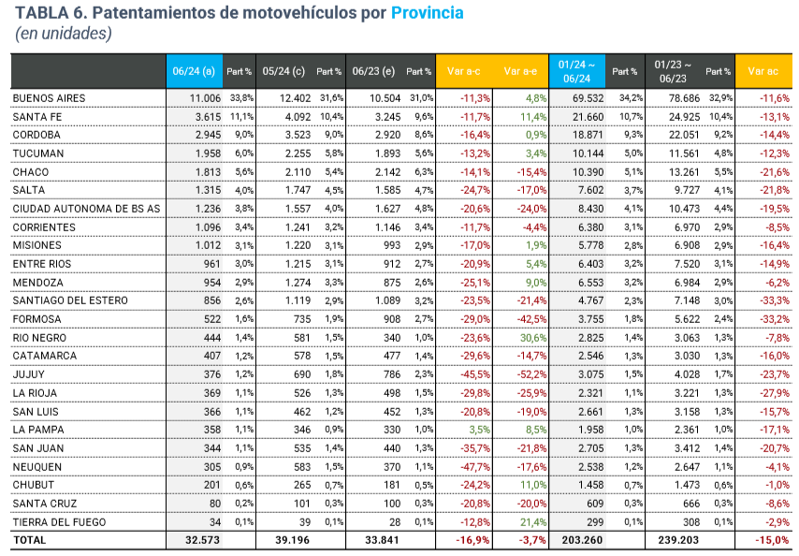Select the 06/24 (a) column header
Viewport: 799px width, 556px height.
195,71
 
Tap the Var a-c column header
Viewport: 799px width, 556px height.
464,71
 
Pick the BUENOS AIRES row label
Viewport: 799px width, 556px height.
50,98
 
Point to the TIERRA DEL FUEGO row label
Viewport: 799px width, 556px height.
59,521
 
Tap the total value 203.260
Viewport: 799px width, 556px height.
582,540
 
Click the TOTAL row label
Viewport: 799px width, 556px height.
29,540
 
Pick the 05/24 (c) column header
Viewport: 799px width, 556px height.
283,71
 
